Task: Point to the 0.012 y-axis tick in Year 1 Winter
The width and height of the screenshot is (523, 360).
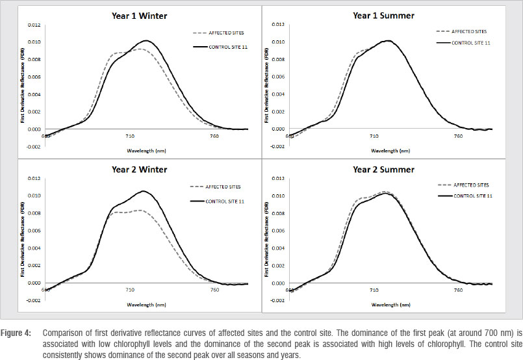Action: tap(34, 25)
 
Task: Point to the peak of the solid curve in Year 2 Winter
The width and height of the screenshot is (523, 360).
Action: tap(143, 191)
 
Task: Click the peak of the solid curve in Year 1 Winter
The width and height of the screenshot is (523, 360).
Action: tap(146, 41)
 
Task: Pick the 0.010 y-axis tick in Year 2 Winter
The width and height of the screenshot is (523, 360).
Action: tap(34, 196)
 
